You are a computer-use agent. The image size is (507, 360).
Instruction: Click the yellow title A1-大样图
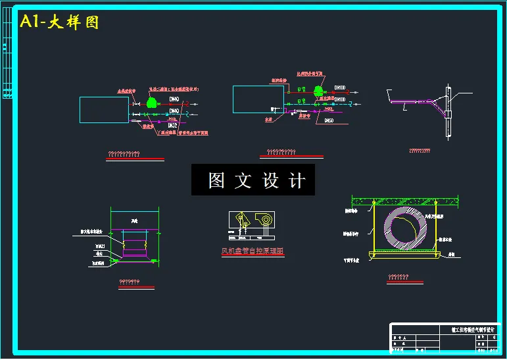[x=59, y=22]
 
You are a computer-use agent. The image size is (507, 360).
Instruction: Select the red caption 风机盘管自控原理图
[x=252, y=251]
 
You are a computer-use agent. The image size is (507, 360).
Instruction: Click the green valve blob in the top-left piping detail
[x=152, y=103]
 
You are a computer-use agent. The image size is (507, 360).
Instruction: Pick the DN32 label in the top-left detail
[x=173, y=124]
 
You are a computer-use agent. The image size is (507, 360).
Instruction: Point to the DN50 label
[x=329, y=121]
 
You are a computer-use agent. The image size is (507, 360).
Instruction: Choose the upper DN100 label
[x=340, y=88]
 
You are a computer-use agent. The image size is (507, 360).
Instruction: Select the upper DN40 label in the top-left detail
[x=174, y=100]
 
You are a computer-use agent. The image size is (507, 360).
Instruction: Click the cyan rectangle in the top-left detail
[x=104, y=110]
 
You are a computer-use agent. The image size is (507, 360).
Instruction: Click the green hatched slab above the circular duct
[x=405, y=200]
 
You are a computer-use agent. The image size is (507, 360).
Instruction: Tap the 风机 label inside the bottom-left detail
[x=134, y=220]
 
